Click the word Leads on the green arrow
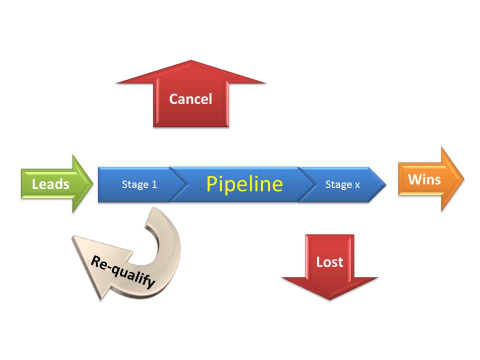click(x=50, y=184)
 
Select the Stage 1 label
click(x=139, y=184)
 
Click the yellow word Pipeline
click(x=244, y=184)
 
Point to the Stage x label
click(x=342, y=184)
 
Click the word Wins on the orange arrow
click(x=424, y=179)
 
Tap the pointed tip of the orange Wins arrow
click(x=463, y=179)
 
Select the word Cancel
click(x=190, y=99)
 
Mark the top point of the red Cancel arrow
click(x=191, y=61)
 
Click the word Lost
click(x=329, y=262)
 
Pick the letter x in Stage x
click(x=357, y=185)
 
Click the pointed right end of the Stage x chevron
click(x=385, y=184)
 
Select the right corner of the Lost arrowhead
click(x=376, y=277)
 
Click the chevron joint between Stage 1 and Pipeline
click(x=185, y=184)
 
